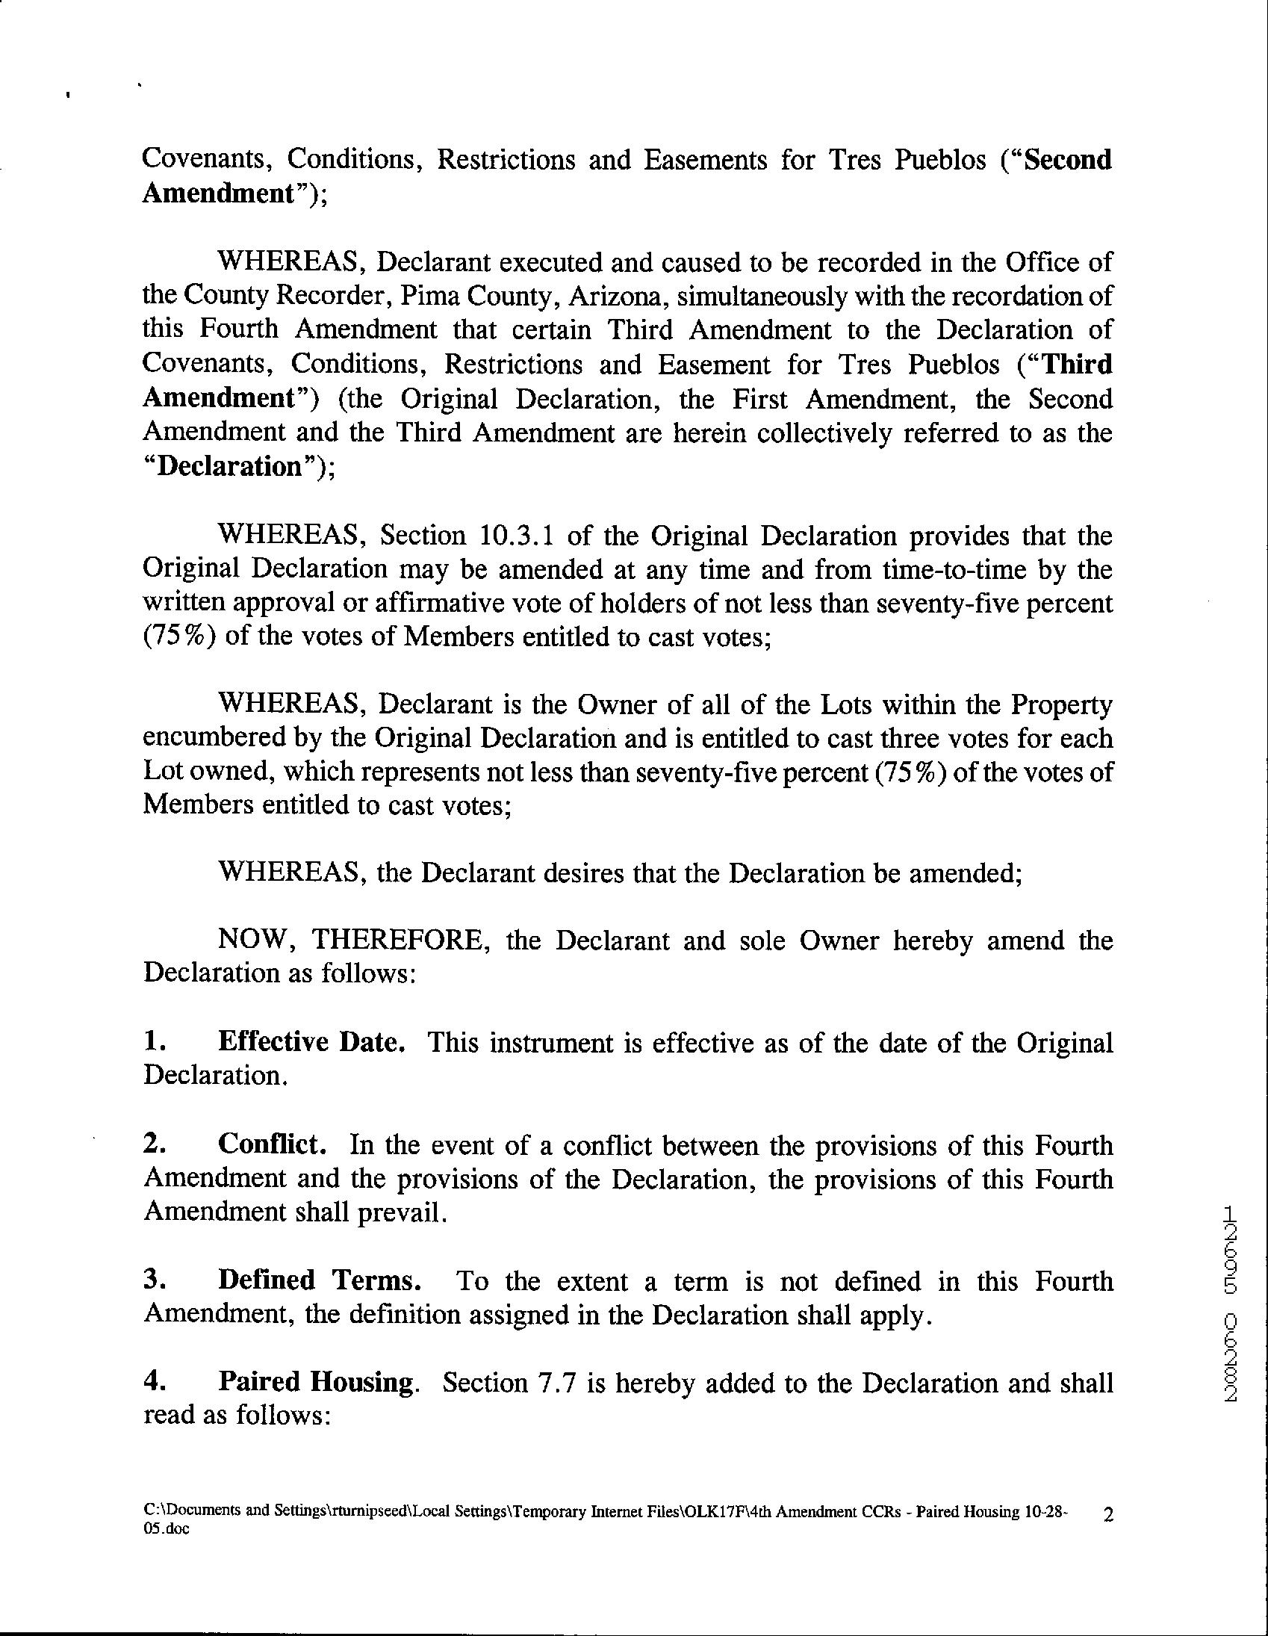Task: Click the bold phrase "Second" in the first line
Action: click(x=1067, y=160)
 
